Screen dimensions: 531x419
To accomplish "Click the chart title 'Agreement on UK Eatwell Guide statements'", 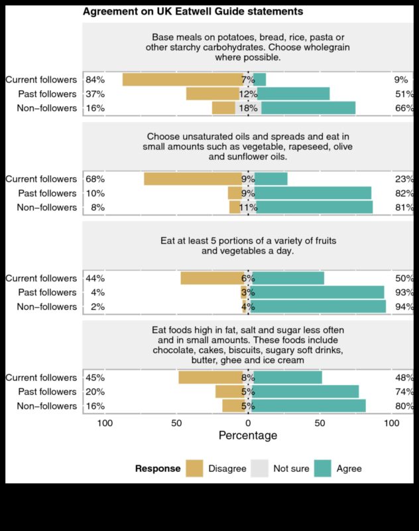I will pyautogui.click(x=193, y=11).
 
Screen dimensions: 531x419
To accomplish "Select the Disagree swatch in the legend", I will pyautogui.click(x=194, y=468).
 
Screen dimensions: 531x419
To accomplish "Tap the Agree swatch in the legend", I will pyautogui.click(x=322, y=468).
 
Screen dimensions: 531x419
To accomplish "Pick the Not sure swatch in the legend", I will pyautogui.click(x=259, y=468).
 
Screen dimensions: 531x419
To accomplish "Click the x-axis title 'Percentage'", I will pyautogui.click(x=248, y=435).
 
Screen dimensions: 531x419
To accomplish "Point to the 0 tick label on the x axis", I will pyautogui.click(x=248, y=423).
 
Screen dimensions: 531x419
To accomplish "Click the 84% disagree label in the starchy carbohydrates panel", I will pyautogui.click(x=95, y=80).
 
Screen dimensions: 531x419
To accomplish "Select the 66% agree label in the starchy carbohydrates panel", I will pyautogui.click(x=404, y=108).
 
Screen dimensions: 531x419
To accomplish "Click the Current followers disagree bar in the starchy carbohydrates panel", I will pyautogui.click(x=183, y=80).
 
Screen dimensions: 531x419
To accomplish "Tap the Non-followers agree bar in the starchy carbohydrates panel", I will pyautogui.click(x=308, y=108).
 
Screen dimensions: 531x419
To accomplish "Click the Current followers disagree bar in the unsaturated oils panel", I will pyautogui.click(x=193, y=179).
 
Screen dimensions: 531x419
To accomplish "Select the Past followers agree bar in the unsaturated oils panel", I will pyautogui.click(x=313, y=193).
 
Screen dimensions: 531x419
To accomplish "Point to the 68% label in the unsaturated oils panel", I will pyautogui.click(x=95, y=179).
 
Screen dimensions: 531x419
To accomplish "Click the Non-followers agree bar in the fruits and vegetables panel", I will pyautogui.click(x=318, y=307).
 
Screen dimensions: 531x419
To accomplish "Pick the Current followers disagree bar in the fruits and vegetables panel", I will pyautogui.click(x=211, y=278).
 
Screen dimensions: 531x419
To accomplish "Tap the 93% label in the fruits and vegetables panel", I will pyautogui.click(x=404, y=293).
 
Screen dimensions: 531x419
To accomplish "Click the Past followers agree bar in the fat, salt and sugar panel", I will pyautogui.click(x=306, y=392).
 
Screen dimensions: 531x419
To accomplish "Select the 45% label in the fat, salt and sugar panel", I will pyautogui.click(x=95, y=378).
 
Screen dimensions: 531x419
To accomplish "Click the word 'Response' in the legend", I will pyautogui.click(x=158, y=469).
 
